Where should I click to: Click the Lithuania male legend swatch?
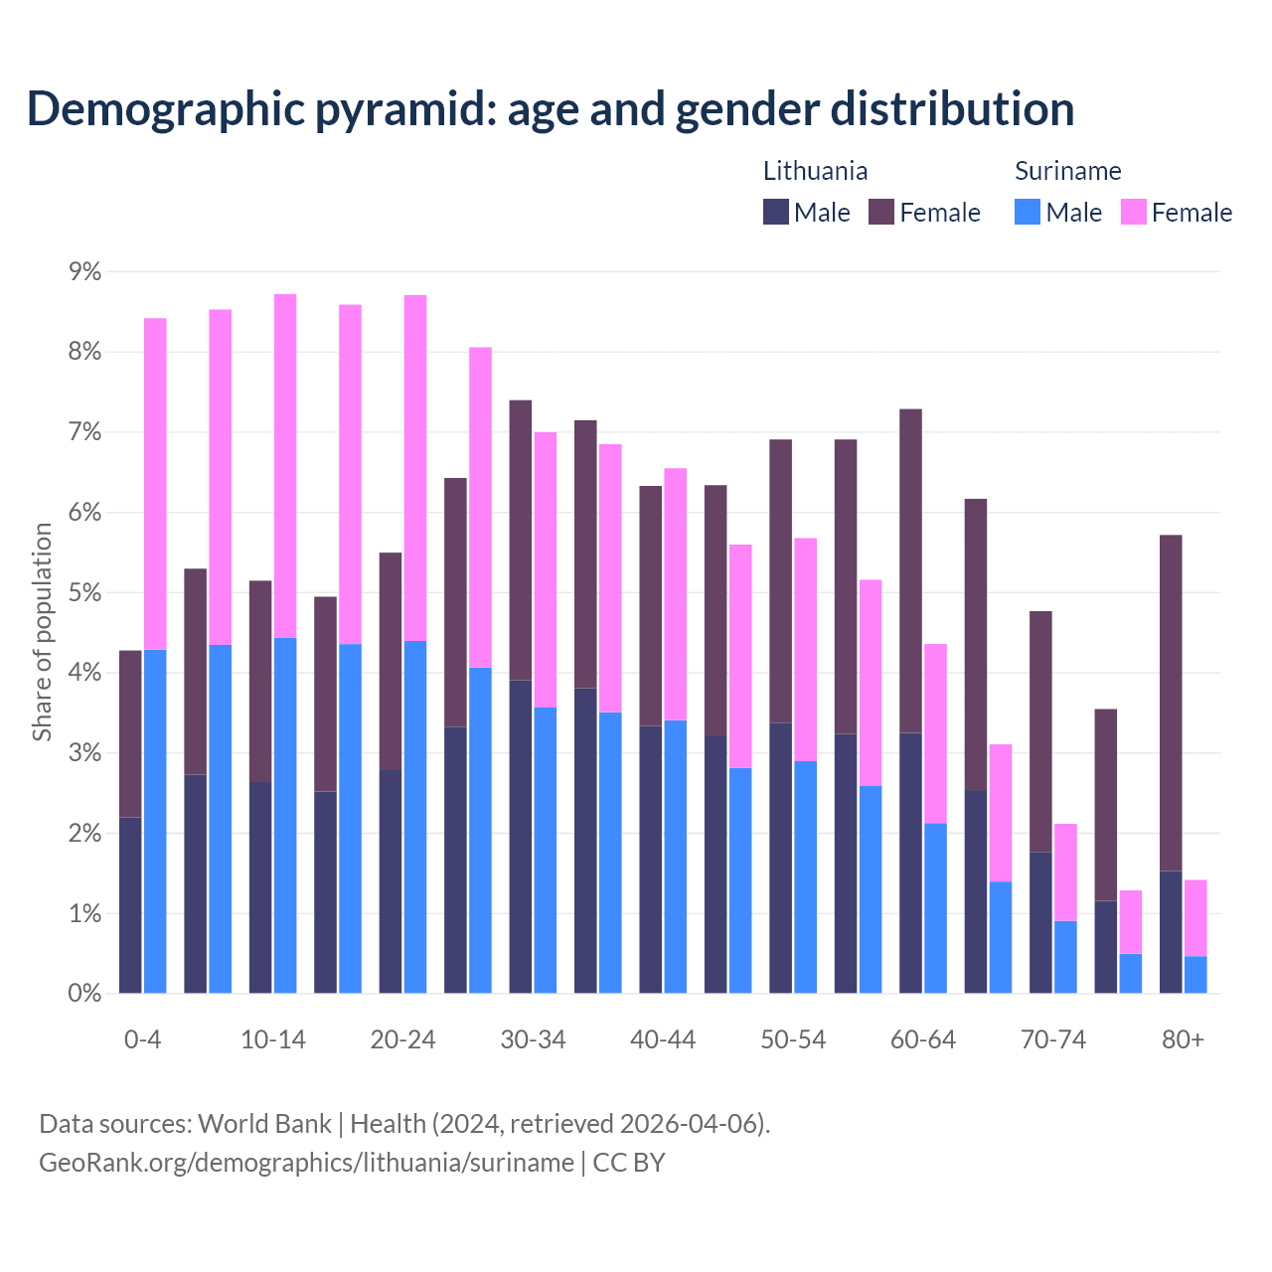coord(775,212)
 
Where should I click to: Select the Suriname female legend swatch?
coord(1133,212)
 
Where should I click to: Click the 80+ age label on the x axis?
coord(1183,1039)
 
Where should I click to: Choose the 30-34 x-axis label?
coord(533,1039)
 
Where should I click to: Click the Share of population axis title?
coord(42,632)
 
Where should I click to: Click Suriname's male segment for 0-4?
coord(155,821)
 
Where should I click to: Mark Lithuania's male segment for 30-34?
coord(521,836)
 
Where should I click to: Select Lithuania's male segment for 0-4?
coord(130,904)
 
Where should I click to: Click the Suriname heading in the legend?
coord(1067,171)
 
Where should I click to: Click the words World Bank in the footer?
coord(264,1124)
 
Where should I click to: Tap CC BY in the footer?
coord(629,1163)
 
